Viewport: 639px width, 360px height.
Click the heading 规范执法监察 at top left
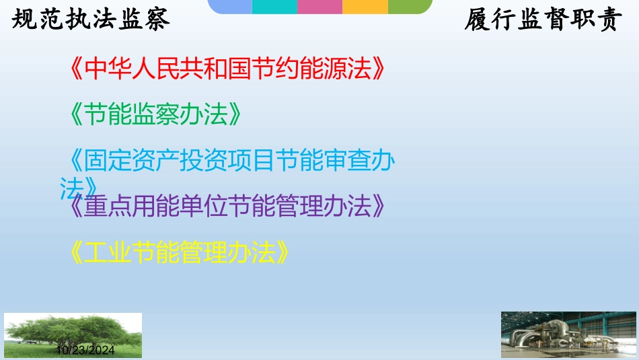(x=91, y=20)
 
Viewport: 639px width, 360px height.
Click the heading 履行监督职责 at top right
(x=541, y=20)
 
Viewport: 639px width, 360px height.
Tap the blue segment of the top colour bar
(x=230, y=7)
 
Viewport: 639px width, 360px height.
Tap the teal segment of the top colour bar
(x=274, y=7)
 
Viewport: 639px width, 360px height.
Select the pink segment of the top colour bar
(x=319, y=7)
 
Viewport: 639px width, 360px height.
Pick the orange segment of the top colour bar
(x=365, y=7)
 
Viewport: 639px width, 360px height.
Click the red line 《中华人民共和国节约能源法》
(x=229, y=69)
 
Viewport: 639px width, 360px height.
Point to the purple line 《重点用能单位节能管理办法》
(x=229, y=206)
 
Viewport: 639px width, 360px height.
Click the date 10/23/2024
(x=85, y=351)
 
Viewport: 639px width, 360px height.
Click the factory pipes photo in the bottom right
(x=567, y=334)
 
